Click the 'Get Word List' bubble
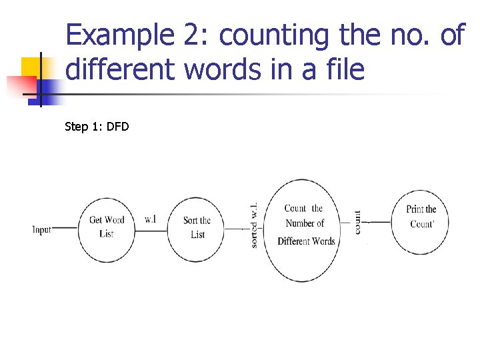[x=107, y=227]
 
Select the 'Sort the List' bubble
[x=197, y=227]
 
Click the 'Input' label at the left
[x=42, y=230]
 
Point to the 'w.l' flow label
[x=150, y=219]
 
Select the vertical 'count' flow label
[x=358, y=222]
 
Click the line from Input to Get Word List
[x=65, y=228]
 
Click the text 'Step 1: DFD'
[x=97, y=126]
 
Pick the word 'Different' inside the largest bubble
[x=293, y=241]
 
